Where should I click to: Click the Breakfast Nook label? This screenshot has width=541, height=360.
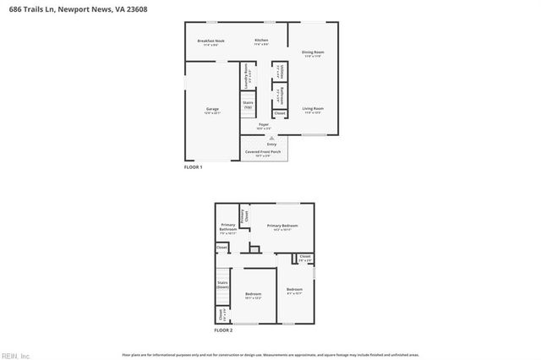210,41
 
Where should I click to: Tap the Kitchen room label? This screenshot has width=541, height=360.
261,41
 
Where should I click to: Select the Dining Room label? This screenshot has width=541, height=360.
313,53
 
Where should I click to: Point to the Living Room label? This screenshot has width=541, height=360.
313,109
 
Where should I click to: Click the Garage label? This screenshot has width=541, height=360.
212,110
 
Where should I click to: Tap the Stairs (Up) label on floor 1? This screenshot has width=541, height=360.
248,106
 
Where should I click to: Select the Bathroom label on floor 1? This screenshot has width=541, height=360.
281,95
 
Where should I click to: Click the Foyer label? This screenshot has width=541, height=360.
264,126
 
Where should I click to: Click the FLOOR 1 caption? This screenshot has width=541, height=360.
194,167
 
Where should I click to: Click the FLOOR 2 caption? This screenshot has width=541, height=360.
223,330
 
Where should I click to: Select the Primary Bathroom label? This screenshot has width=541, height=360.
228,228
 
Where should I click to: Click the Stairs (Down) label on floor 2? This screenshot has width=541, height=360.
223,285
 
